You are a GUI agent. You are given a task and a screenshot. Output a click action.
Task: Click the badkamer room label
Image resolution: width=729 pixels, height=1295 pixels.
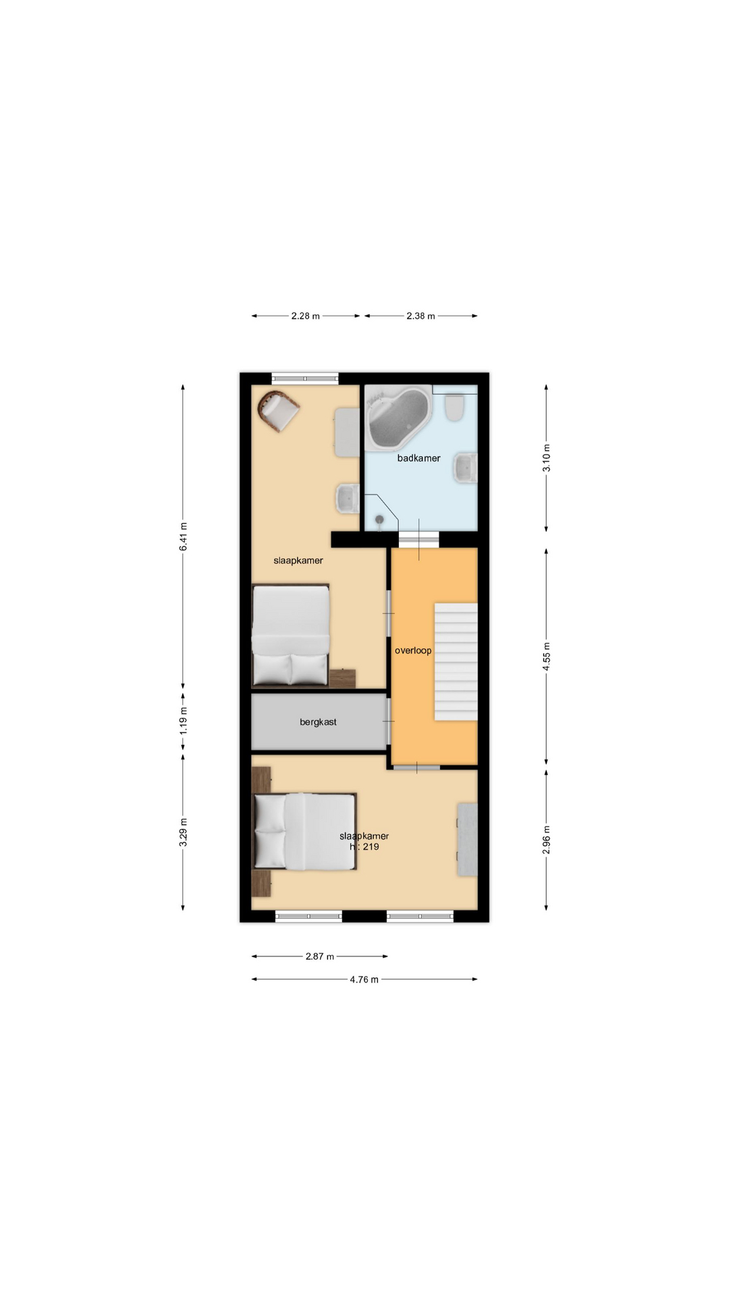[418, 458]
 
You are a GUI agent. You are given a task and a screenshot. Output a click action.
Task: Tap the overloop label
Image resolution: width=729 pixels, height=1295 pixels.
[413, 651]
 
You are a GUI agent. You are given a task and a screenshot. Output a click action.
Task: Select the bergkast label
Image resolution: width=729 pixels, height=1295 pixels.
[318, 722]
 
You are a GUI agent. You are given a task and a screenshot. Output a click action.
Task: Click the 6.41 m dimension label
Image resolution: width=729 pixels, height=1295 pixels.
[183, 537]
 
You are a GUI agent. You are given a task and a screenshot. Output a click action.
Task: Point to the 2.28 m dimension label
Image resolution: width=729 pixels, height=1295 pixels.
[306, 316]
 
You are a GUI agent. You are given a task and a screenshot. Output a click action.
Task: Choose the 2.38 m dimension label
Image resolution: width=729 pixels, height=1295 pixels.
[421, 316]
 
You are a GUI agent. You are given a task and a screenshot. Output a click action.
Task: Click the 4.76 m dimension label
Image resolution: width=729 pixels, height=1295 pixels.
[364, 979]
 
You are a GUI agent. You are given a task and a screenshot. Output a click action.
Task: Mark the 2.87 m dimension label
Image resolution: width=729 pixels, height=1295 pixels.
[320, 956]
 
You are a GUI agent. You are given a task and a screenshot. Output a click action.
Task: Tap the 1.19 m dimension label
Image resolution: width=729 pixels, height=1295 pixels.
[183, 721]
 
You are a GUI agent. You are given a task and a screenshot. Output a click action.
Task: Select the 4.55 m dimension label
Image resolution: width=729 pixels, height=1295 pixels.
[546, 656]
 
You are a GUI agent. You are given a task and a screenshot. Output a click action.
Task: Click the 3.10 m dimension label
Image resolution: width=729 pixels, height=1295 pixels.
[546, 458]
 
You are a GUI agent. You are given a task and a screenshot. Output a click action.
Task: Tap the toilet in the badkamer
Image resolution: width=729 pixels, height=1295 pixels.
[455, 407]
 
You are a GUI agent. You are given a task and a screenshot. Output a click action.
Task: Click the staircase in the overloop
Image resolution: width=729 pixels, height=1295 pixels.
[456, 662]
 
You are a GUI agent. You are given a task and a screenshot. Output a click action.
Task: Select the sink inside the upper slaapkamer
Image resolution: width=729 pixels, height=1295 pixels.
[348, 498]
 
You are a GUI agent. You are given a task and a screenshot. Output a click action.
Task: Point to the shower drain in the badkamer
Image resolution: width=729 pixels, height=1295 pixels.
[379, 519]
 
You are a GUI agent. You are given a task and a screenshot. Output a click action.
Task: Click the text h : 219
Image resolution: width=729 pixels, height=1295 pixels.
[364, 847]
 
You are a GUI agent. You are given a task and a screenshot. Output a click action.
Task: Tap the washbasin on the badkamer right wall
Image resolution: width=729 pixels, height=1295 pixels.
[466, 467]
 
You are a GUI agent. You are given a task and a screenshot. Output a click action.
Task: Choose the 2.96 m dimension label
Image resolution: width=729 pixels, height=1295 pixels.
[546, 840]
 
